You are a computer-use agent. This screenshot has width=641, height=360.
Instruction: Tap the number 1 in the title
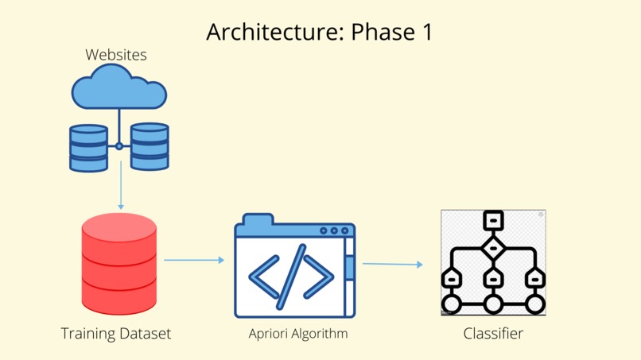click(x=427, y=32)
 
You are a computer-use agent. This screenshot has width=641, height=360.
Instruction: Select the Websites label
click(x=116, y=55)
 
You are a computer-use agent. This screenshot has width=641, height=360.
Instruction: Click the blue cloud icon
click(x=119, y=87)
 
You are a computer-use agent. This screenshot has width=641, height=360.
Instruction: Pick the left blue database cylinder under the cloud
click(x=89, y=148)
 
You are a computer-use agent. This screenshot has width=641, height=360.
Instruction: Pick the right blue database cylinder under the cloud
click(x=150, y=146)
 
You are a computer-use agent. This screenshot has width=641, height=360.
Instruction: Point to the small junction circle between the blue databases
click(x=119, y=146)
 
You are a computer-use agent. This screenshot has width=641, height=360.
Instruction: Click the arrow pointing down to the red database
click(x=121, y=185)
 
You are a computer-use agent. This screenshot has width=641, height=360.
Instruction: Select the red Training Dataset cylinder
click(x=119, y=264)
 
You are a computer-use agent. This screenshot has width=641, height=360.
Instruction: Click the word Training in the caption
click(x=88, y=334)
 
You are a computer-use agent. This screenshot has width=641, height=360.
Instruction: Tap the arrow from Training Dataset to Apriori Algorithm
click(x=194, y=260)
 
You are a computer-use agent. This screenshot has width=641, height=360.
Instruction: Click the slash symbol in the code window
click(x=291, y=277)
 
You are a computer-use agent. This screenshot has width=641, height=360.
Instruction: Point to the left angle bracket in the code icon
click(x=264, y=277)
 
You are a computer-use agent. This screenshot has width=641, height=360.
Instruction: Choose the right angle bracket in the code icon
click(x=318, y=277)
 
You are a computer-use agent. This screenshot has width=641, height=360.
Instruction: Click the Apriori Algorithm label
click(x=298, y=334)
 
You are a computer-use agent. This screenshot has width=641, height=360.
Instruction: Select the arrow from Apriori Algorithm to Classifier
click(x=392, y=264)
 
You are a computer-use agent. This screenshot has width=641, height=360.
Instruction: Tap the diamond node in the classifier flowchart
click(x=493, y=248)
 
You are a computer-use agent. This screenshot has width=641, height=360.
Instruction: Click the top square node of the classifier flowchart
click(x=493, y=220)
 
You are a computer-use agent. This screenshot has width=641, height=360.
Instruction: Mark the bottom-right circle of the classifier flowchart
click(x=534, y=304)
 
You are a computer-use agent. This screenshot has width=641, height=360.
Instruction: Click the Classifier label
click(x=493, y=334)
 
